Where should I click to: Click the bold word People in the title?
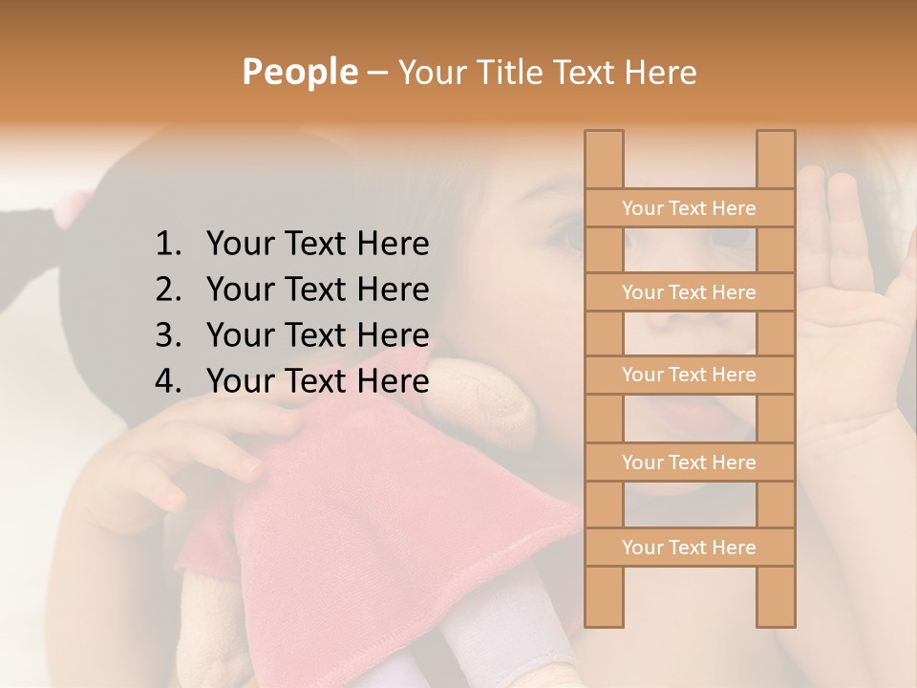[300, 72]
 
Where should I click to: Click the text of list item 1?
[317, 245]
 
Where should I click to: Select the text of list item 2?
[317, 290]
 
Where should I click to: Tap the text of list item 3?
[317, 335]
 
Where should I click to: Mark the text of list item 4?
[317, 381]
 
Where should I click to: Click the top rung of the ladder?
[689, 208]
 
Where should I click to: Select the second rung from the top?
[689, 292]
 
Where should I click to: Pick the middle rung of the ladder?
[689, 376]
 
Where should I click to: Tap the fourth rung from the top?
[689, 462]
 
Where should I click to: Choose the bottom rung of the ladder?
[689, 548]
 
